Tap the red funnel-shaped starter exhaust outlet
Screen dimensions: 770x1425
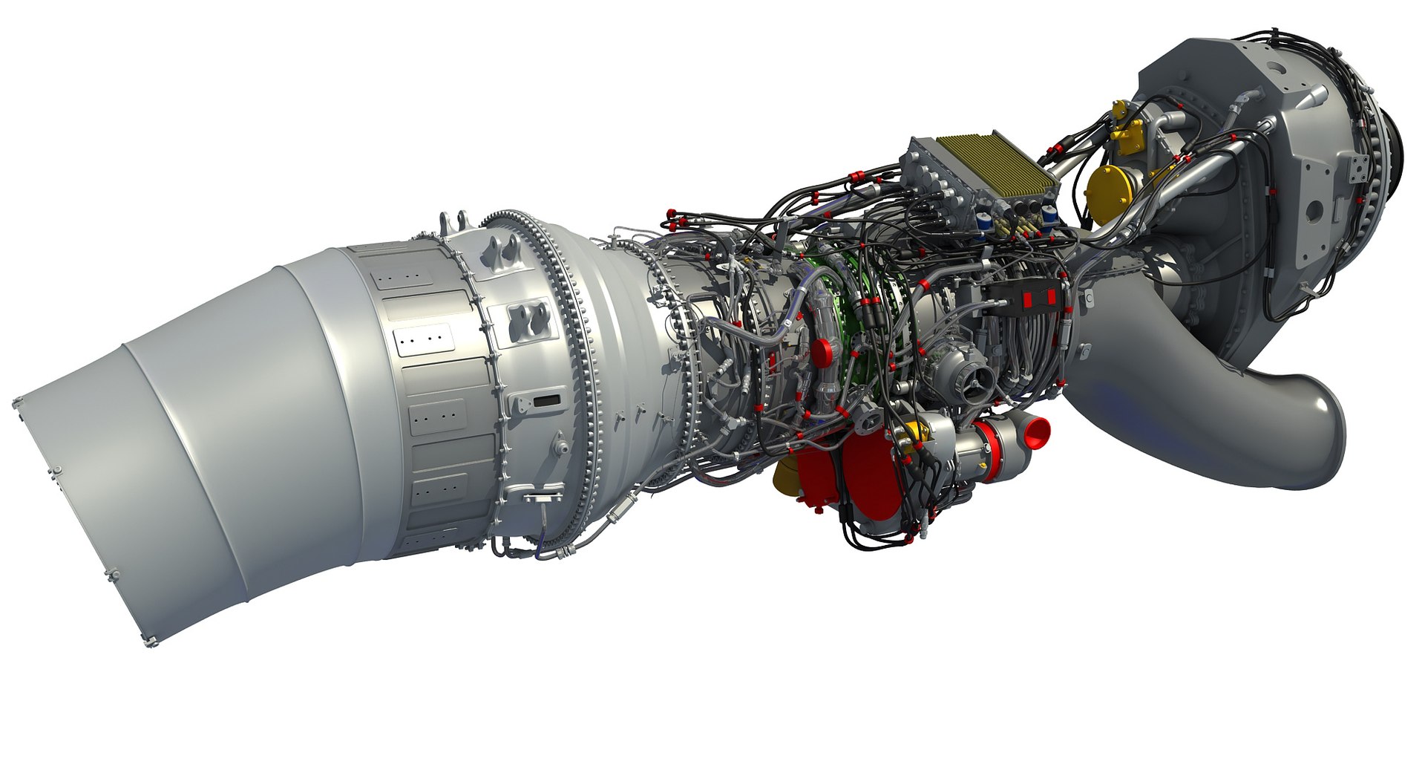[1035, 430]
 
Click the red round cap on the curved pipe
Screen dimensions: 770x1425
[822, 353]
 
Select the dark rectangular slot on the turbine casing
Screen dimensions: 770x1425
[547, 400]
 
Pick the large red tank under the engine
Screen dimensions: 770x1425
[846, 475]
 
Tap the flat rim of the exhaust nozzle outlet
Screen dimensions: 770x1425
[82, 520]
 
